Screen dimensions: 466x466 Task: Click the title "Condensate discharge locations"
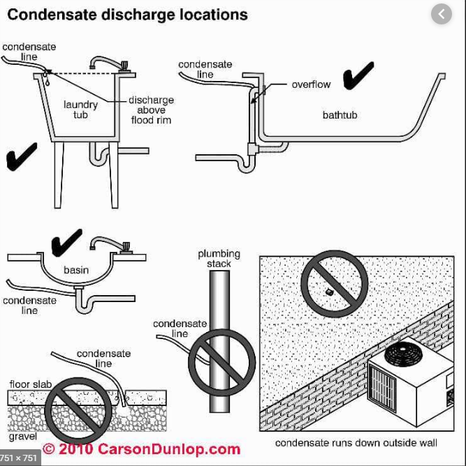[127, 14]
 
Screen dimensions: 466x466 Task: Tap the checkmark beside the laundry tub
[22, 156]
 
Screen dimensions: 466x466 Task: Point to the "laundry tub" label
[81, 110]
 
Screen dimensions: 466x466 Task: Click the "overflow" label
[311, 84]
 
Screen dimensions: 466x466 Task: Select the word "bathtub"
[340, 114]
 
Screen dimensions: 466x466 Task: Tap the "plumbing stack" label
[219, 259]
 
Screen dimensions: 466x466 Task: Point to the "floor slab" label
[29, 384]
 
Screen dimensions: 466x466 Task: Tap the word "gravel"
[23, 437]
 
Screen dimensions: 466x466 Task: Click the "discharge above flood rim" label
[151, 110]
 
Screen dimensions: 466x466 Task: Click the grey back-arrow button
[442, 14]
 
